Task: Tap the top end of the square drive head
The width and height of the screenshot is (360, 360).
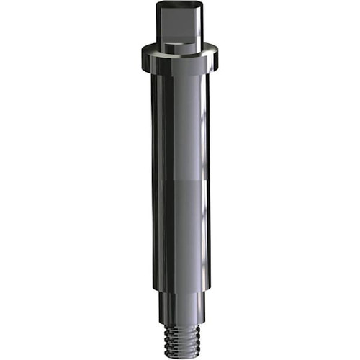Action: tap(179, 4)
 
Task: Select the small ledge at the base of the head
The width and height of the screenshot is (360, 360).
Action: tap(179, 47)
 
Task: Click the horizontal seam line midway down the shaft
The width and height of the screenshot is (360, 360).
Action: tap(180, 181)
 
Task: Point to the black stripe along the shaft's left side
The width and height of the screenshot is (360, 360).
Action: tap(156, 180)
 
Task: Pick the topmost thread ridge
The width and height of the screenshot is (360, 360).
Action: tap(180, 325)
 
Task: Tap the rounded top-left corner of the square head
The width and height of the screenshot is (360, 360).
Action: tap(158, 4)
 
